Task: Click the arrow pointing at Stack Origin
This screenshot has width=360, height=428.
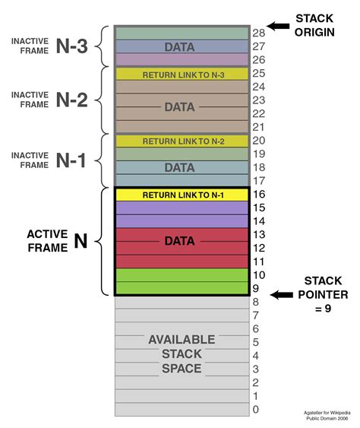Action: [x=278, y=26]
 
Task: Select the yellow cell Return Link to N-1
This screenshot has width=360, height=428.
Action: [x=182, y=195]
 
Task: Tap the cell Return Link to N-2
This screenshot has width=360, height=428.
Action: [x=182, y=141]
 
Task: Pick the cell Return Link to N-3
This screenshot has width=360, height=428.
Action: [x=182, y=75]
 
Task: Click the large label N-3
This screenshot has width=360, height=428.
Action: [x=72, y=46]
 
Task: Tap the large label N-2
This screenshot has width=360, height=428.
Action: [x=72, y=100]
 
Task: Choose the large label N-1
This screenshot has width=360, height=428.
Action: [x=72, y=160]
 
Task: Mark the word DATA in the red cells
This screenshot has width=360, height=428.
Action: [x=179, y=242]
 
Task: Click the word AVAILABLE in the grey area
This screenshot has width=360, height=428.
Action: [x=182, y=339]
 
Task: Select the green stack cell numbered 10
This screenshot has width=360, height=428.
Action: [x=182, y=274]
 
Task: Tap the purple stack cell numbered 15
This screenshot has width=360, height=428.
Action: [x=182, y=208]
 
